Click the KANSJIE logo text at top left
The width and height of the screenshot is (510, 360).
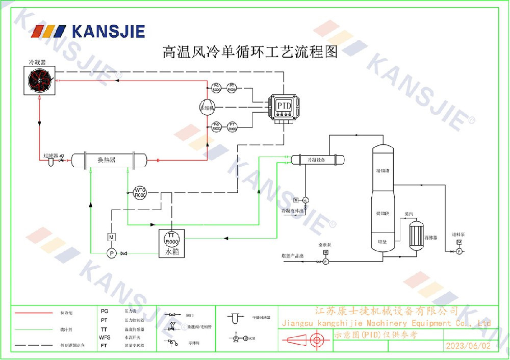[108, 32]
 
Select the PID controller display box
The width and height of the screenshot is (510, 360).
[283, 105]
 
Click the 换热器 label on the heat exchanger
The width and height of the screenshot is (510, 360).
[107, 160]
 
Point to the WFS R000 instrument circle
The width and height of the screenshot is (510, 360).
[140, 192]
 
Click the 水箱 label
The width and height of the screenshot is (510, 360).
[171, 252]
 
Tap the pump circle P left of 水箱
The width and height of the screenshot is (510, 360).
[112, 253]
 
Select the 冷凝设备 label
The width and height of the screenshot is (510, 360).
[316, 160]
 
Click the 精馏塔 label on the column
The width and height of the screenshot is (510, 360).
[382, 170]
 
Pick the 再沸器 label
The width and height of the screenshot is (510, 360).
[430, 237]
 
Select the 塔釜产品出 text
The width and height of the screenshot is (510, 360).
[292, 255]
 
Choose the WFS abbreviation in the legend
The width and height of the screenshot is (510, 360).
[105, 337]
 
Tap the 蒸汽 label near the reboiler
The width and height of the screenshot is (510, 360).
[409, 214]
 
